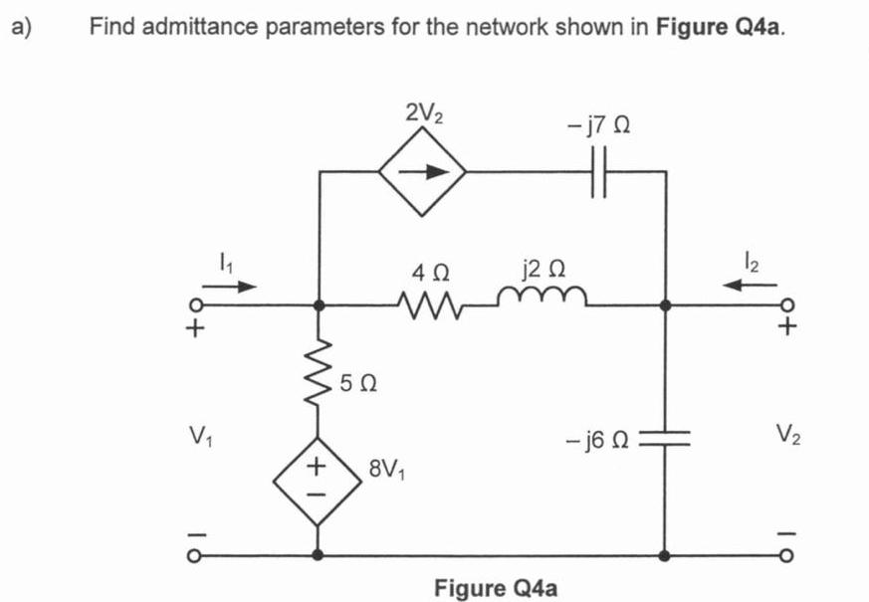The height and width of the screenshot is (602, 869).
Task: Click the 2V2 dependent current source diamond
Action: click(422, 170)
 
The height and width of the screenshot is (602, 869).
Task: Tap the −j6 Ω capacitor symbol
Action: click(664, 439)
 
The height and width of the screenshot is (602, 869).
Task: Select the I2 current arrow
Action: click(751, 286)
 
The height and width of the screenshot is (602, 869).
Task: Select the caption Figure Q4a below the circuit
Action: click(496, 587)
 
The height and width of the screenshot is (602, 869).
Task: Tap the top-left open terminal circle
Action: click(197, 305)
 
